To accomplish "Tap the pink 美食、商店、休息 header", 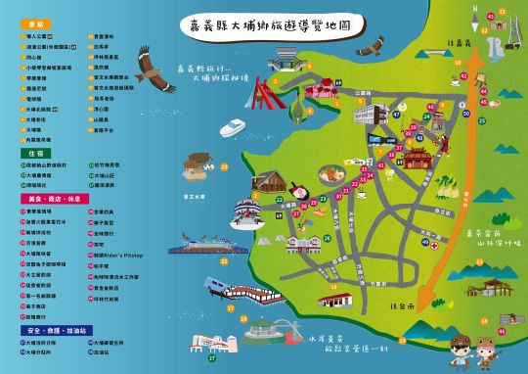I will (48, 199).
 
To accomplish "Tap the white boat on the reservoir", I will (233, 128).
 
